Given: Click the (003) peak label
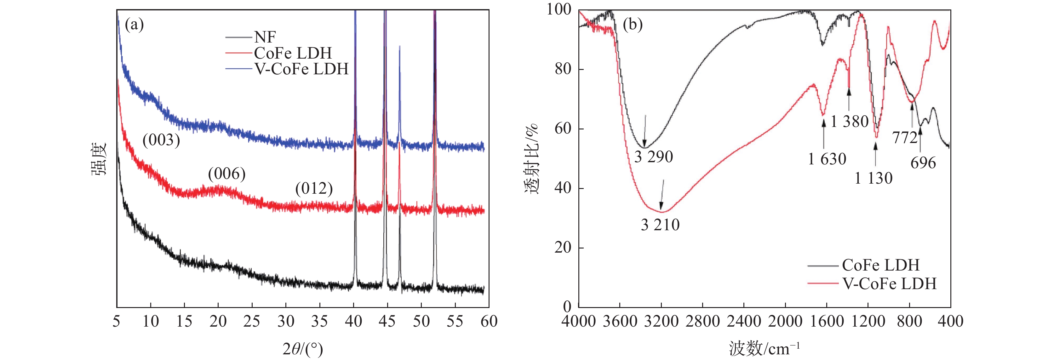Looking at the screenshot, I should [x=161, y=140].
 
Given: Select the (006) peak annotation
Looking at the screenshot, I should [x=227, y=174].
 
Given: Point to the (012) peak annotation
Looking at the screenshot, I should [x=314, y=189].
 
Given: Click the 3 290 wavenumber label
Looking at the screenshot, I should [x=653, y=157].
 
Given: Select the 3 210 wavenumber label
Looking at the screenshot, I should [x=660, y=225].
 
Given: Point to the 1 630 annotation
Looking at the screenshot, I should [x=827, y=159].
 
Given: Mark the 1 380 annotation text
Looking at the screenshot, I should [x=850, y=122].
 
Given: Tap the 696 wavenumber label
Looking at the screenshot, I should [x=923, y=163].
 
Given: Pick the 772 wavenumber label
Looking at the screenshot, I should [x=905, y=138].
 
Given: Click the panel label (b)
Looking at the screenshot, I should [x=633, y=25].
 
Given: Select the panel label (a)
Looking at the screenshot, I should [x=134, y=25].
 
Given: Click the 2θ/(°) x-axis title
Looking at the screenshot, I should [x=303, y=349].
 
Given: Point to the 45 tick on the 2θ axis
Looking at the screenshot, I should [x=387, y=322].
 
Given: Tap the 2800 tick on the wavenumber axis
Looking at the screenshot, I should [x=702, y=322].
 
